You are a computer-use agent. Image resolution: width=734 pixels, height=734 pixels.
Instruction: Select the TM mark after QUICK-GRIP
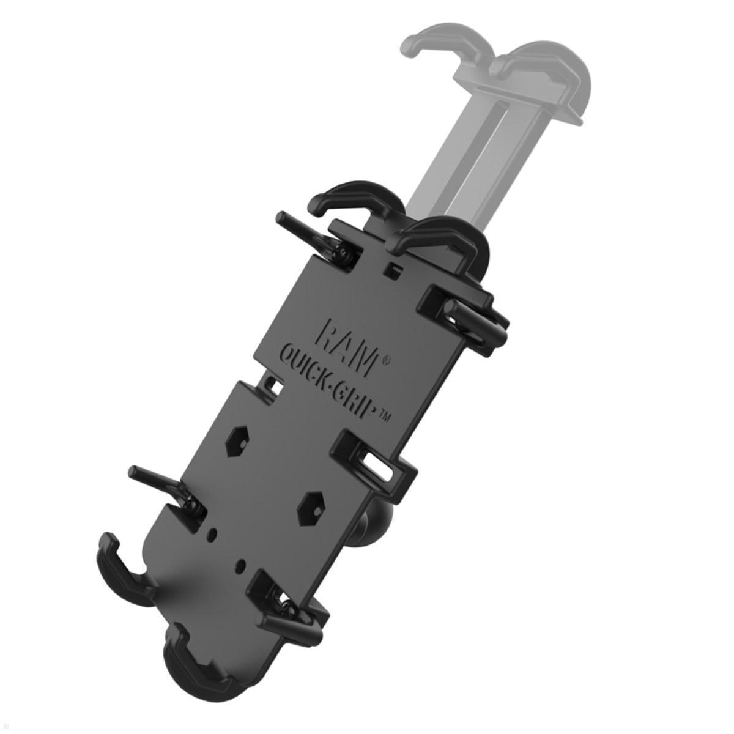click(386, 418)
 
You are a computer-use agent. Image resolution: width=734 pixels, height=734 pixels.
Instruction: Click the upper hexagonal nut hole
click(235, 442)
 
